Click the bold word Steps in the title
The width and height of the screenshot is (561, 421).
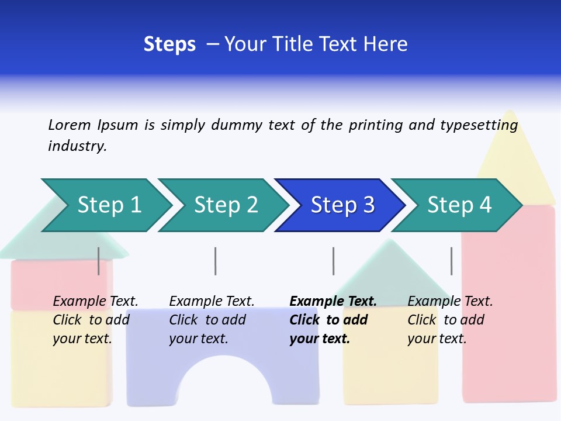click(169, 44)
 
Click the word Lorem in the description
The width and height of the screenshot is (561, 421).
click(69, 125)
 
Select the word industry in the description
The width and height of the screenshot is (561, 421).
click(77, 146)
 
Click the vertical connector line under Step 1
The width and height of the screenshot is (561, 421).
click(98, 261)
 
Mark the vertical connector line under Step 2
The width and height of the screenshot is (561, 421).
click(215, 261)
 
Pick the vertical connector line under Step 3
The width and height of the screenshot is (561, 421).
click(333, 261)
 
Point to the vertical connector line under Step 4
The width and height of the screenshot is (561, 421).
click(451, 261)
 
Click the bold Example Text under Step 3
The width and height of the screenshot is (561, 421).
click(333, 301)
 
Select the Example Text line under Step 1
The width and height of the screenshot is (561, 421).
click(95, 301)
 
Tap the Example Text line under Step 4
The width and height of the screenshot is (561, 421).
click(450, 301)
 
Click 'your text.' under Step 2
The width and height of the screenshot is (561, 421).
click(198, 339)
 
